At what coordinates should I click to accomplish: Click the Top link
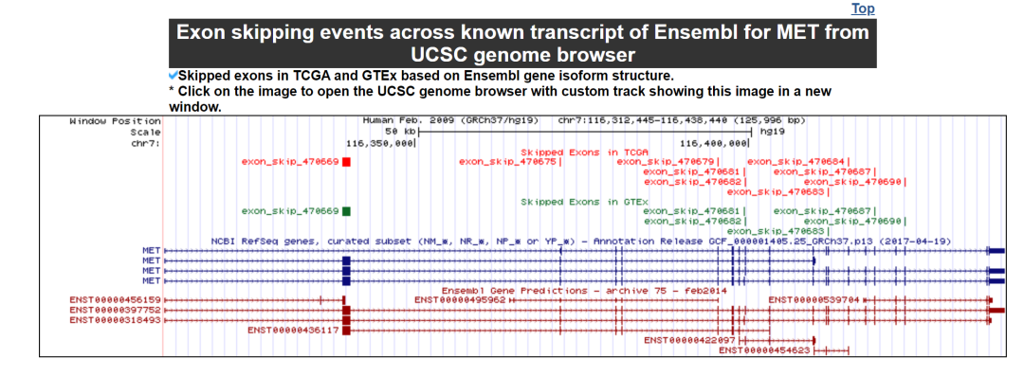click(862, 9)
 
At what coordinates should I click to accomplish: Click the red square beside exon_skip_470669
click(347, 161)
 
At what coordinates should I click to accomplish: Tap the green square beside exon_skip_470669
click(347, 211)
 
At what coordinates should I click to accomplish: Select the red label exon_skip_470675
click(507, 161)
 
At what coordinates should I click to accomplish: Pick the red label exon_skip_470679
click(666, 161)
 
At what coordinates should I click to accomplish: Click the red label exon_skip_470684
click(796, 161)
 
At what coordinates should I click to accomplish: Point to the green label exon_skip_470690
click(852, 222)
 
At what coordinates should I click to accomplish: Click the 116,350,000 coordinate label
click(379, 142)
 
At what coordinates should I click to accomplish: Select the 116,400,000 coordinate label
click(714, 142)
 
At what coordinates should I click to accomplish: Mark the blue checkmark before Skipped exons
click(174, 75)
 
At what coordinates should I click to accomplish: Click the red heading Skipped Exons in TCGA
click(584, 152)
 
